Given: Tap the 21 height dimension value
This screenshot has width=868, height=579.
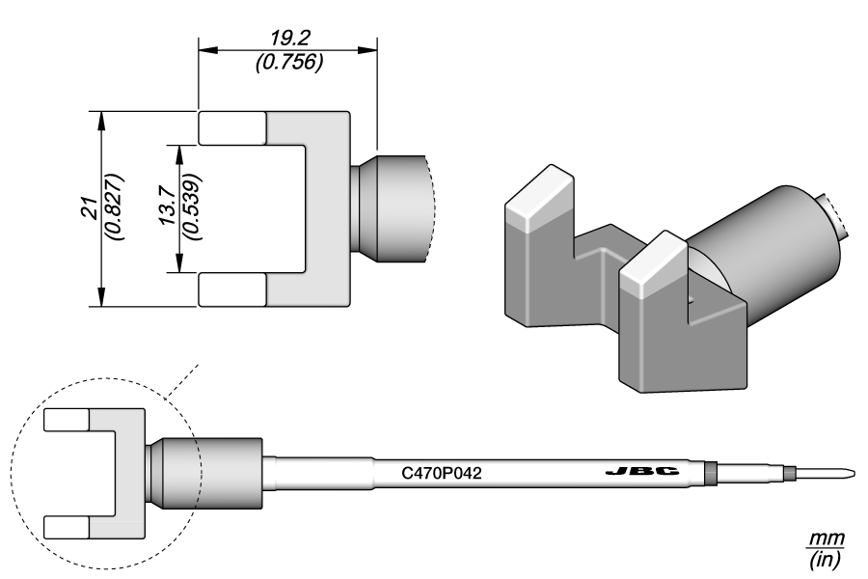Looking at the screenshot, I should point(88,208).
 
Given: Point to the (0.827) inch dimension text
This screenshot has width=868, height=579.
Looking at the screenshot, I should point(114,208).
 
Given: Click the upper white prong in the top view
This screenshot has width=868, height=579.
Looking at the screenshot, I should point(232,127).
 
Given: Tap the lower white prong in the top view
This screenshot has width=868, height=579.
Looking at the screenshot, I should point(232,289).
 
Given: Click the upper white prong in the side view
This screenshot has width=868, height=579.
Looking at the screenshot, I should point(68,420).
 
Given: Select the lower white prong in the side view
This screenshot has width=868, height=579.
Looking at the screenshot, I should point(68,526).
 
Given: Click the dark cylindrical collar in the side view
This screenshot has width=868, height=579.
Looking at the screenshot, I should point(228,473).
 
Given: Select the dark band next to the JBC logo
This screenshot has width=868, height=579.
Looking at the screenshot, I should point(711,473).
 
